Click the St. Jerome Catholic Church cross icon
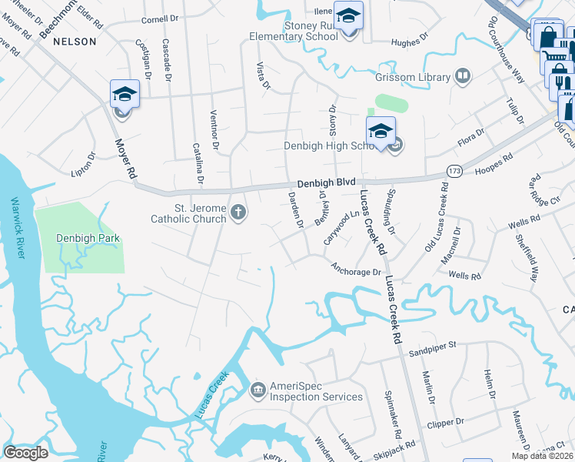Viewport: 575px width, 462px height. click(x=238, y=213)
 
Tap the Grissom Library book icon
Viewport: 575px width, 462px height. click(x=463, y=75)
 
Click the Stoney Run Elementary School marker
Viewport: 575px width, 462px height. click(x=349, y=16)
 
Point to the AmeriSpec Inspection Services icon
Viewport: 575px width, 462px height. click(x=258, y=391)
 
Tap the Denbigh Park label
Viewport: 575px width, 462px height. click(x=85, y=238)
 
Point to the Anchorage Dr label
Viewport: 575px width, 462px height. click(x=356, y=271)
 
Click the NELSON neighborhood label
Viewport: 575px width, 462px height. click(x=75, y=42)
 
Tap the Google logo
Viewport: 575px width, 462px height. click(x=26, y=453)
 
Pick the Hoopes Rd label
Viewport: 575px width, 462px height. click(x=494, y=165)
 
